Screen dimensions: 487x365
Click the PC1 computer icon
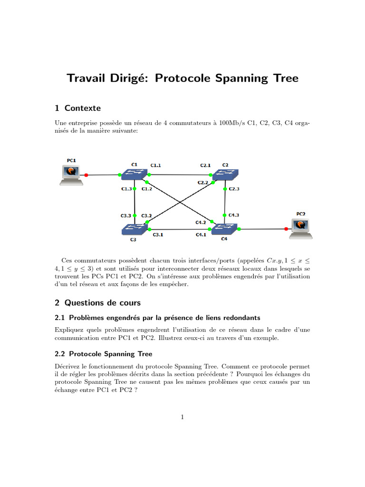pos(70,174)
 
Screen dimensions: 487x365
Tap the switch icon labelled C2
pos(226,175)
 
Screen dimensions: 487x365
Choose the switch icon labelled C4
pos(224,229)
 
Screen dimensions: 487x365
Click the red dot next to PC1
pos(86,175)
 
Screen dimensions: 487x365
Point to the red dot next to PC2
pos(286,229)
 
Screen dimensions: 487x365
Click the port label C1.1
pos(156,166)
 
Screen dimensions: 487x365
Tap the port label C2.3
pos(234,189)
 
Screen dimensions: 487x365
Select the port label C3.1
pos(157,234)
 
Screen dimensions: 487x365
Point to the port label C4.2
pos(201,222)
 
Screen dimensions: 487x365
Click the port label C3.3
pos(126,216)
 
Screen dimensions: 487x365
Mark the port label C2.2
pos(203,183)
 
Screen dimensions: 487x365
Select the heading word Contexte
pos(83,108)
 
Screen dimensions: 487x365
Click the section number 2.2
pos(61,354)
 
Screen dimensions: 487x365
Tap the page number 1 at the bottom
pos(182,417)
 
